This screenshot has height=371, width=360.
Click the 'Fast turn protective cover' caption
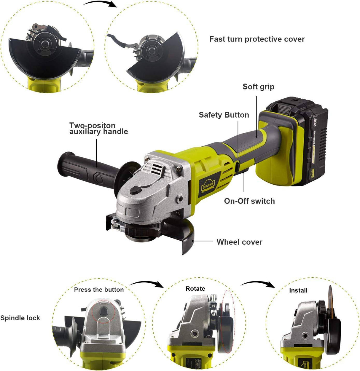click(257, 39)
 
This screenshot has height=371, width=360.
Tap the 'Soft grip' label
click(258, 87)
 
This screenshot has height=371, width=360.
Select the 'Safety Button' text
click(224, 115)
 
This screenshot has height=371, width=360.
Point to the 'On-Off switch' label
click(249, 201)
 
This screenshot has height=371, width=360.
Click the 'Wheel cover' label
click(239, 242)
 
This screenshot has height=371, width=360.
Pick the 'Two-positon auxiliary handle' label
click(98, 129)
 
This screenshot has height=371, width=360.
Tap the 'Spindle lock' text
click(20, 318)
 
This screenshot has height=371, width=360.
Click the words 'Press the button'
click(99, 290)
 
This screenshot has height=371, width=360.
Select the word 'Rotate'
click(195, 289)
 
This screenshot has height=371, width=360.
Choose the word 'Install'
click(298, 290)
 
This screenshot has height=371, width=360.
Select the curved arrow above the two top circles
click(100, 4)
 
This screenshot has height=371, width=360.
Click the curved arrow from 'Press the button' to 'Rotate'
click(147, 284)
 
